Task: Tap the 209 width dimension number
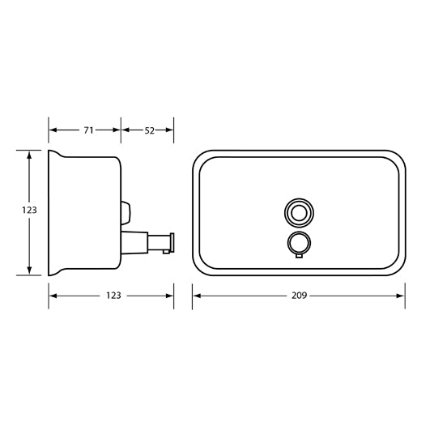298,296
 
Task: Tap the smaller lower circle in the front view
297,241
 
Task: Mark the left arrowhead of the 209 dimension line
196,296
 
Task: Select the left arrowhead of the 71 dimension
53,129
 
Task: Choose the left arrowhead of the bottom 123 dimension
53,296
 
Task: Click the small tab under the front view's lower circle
297,256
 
